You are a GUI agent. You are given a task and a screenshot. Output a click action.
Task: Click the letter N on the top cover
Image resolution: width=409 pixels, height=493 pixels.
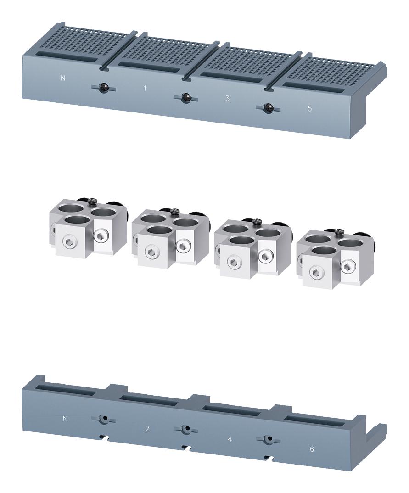(x=63, y=78)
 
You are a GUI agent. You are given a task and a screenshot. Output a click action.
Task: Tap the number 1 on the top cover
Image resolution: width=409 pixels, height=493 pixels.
(x=145, y=88)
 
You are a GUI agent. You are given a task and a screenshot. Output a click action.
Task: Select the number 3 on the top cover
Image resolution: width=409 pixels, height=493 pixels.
(x=227, y=98)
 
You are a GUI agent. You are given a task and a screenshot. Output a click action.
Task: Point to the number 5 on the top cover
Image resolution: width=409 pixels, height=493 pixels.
(x=309, y=109)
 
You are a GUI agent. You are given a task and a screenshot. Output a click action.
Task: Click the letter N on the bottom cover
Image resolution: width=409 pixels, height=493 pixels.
(x=65, y=418)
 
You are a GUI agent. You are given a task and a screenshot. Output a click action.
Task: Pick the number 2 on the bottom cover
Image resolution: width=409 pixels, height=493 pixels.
(x=147, y=429)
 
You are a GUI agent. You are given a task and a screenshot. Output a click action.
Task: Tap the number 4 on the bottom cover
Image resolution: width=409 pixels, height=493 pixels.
(x=230, y=439)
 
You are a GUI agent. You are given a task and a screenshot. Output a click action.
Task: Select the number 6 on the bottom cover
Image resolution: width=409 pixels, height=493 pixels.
(x=312, y=449)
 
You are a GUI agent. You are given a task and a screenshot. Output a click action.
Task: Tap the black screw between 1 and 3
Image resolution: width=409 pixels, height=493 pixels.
(x=186, y=97)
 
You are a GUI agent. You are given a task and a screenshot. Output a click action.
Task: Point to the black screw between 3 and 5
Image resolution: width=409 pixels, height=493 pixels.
(x=269, y=108)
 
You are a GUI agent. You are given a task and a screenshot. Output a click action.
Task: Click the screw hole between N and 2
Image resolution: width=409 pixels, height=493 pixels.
(x=105, y=419)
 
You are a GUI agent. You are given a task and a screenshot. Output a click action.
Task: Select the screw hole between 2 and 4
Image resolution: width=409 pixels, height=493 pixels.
(x=186, y=429)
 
